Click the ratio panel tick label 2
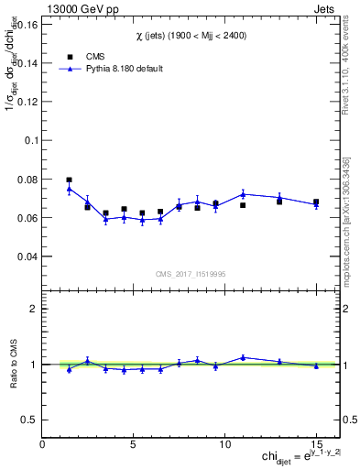[x=33, y=309]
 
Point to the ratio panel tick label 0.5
[x=28, y=420]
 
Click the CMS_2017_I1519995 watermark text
[x=190, y=273]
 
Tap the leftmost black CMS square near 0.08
[x=70, y=180]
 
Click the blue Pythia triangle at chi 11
[x=243, y=193]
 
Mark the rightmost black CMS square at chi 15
[x=316, y=202]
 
